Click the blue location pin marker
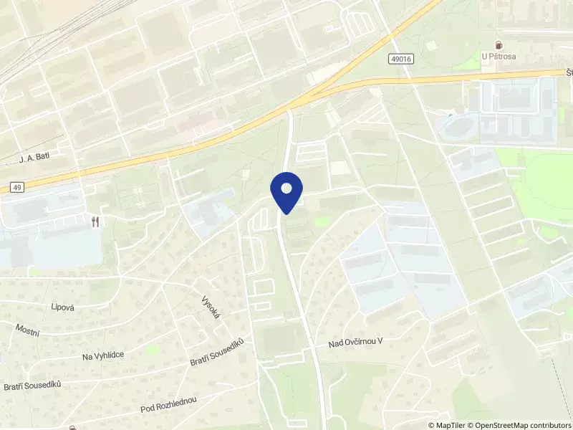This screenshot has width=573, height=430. pyautogui.click(x=286, y=191)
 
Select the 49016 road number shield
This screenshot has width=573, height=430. pyautogui.click(x=403, y=59)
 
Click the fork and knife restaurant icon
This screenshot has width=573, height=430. pyautogui.click(x=95, y=221)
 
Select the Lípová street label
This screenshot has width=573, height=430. pyautogui.click(x=64, y=306)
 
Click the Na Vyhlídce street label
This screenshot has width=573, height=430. pyautogui.click(x=103, y=355)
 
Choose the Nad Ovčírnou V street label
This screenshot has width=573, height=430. pyautogui.click(x=356, y=343)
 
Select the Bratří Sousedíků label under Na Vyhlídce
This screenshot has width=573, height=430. pyautogui.click(x=32, y=386)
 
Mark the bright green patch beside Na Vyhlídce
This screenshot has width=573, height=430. pyautogui.click(x=153, y=350)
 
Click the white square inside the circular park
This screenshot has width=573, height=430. pyautogui.click(x=430, y=45)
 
